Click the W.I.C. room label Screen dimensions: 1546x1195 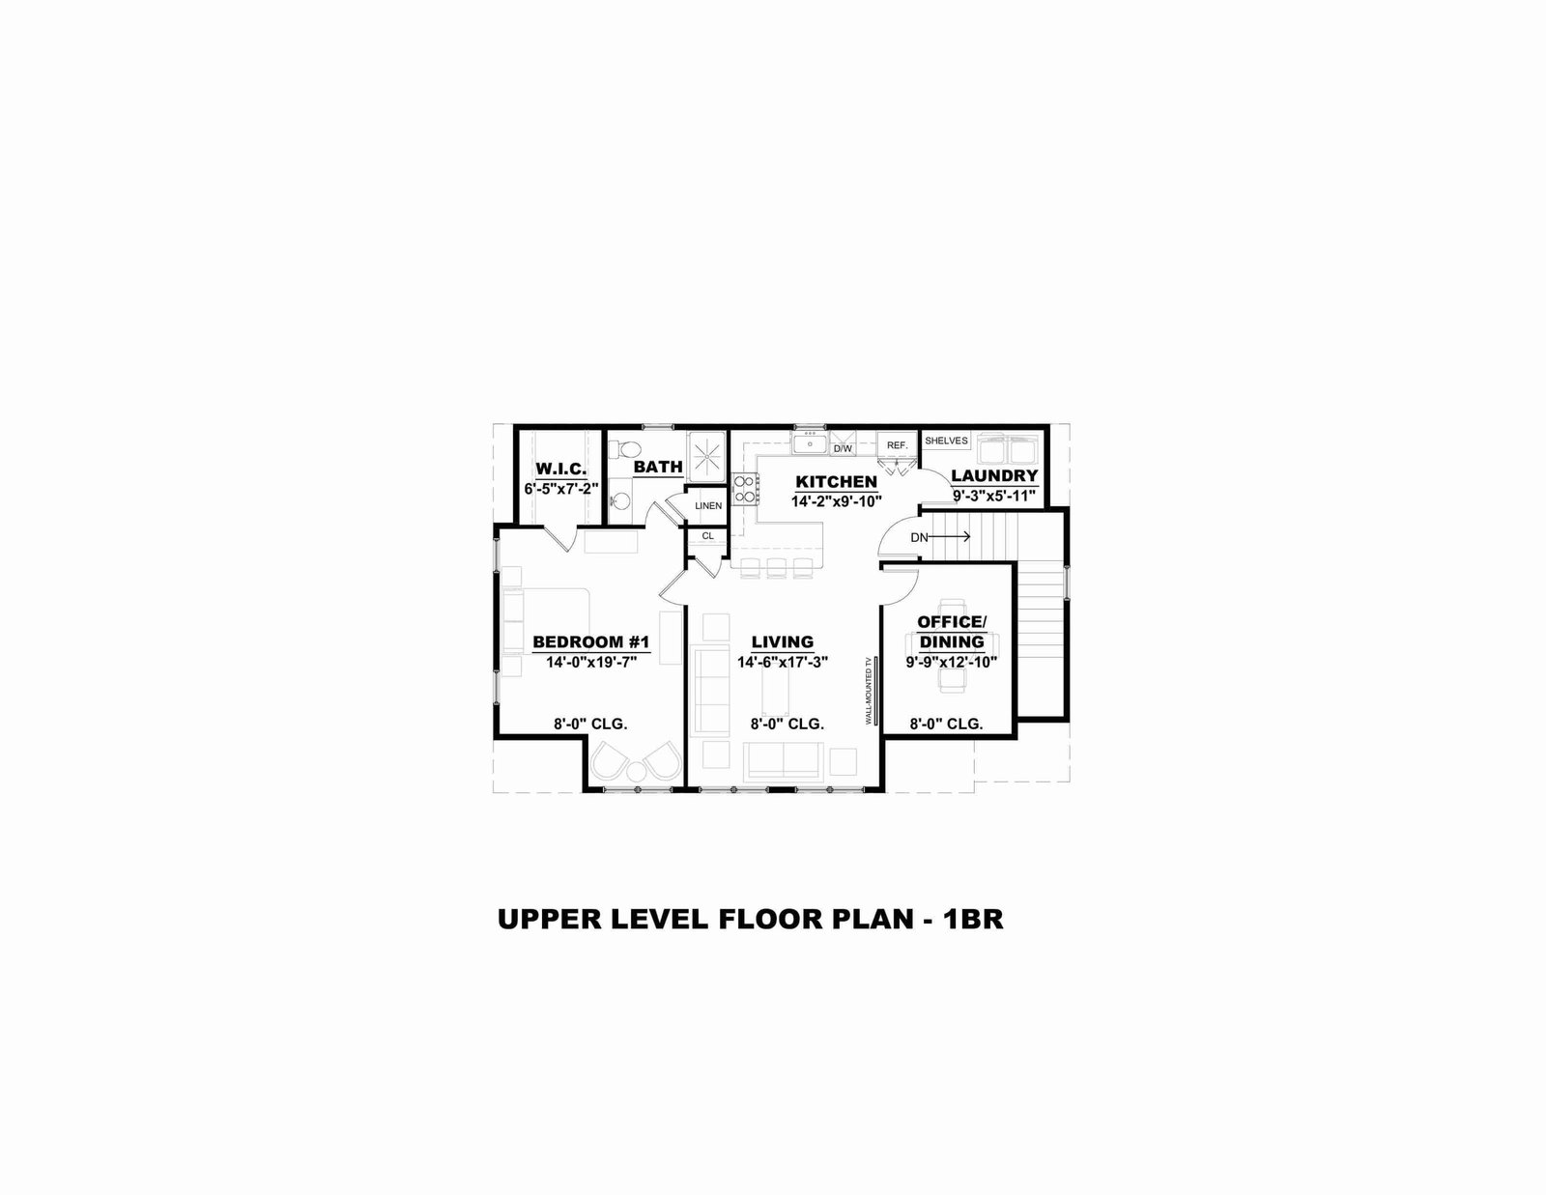[x=560, y=469]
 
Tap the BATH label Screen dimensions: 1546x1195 [x=658, y=467]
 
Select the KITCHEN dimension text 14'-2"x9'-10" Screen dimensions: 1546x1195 [x=836, y=501]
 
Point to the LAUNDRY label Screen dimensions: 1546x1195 [x=994, y=475]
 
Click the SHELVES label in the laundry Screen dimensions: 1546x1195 [x=946, y=441]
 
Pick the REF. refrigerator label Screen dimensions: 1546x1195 [x=897, y=445]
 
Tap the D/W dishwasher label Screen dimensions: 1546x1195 [x=843, y=449]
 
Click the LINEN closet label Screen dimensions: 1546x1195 [x=708, y=506]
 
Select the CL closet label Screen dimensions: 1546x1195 [x=708, y=535]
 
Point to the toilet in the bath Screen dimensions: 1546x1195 [x=626, y=450]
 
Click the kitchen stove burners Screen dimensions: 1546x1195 [x=745, y=490]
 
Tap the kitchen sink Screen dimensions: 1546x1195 [x=810, y=444]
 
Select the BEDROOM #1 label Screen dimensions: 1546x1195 [x=591, y=642]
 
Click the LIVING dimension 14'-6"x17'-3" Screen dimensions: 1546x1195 [x=783, y=663]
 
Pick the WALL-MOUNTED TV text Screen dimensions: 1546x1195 [x=868, y=690]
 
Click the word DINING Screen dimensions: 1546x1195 [x=952, y=641]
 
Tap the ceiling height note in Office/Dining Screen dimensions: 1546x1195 [x=946, y=725]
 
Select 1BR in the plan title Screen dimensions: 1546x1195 [x=973, y=919]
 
